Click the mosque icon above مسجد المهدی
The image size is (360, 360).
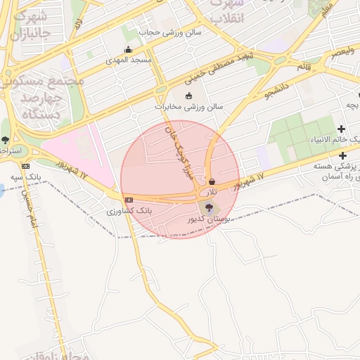pyautogui.click(x=128, y=50)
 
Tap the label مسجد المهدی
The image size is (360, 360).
pyautogui.click(x=129, y=60)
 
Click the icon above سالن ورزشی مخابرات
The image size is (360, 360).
pyautogui.click(x=188, y=96)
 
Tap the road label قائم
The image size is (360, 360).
pyautogui.click(x=304, y=65)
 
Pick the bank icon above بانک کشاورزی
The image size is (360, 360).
pyautogui.click(x=128, y=200)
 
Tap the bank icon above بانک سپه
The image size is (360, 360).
pyautogui.click(x=26, y=166)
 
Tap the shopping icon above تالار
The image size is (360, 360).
pyautogui.click(x=212, y=181)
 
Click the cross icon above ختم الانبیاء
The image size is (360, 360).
pyautogui.click(x=342, y=129)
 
